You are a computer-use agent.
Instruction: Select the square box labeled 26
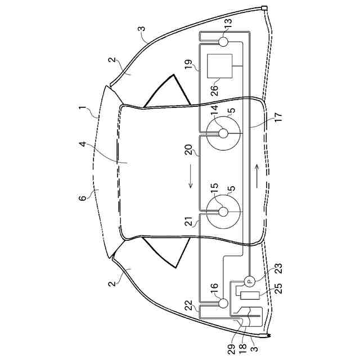pyautogui.click(x=221, y=66)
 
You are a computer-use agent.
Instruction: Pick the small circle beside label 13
pyautogui.click(x=222, y=41)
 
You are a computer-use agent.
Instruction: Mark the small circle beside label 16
pyautogui.click(x=223, y=304)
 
